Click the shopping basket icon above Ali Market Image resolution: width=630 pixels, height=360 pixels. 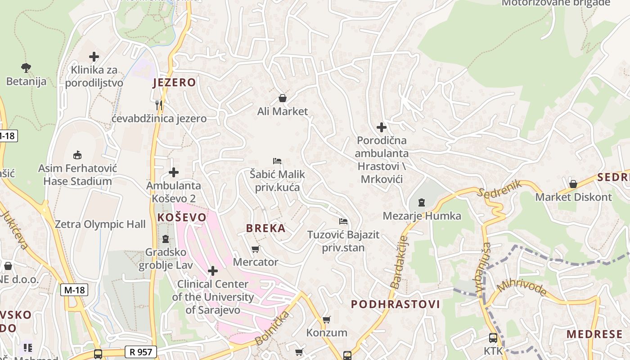pyautogui.click(x=283, y=98)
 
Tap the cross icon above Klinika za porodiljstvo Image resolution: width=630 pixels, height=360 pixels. pyautogui.click(x=94, y=57)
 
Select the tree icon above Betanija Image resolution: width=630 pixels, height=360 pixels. pyautogui.click(x=26, y=68)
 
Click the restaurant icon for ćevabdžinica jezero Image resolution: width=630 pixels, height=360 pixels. pyautogui.click(x=159, y=105)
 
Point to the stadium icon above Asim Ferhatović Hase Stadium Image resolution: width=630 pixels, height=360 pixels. pyautogui.click(x=77, y=155)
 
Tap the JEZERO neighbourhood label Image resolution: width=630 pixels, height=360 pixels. pyautogui.click(x=174, y=82)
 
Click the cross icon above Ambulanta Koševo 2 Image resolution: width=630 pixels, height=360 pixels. pyautogui.click(x=174, y=172)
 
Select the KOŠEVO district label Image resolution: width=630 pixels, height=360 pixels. pyautogui.click(x=182, y=217)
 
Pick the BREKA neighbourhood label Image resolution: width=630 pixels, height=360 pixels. pyautogui.click(x=265, y=228)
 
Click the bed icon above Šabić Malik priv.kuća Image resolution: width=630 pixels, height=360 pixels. pyautogui.click(x=277, y=161)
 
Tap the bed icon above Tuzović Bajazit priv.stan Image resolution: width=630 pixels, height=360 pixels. pyautogui.click(x=343, y=221)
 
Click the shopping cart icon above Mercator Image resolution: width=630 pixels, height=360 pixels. pyautogui.click(x=256, y=249)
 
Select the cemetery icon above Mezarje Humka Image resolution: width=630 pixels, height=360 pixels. pyautogui.click(x=422, y=202)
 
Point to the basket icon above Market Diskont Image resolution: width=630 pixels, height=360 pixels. pyautogui.click(x=573, y=184)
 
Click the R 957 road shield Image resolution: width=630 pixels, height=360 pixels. pyautogui.click(x=141, y=352)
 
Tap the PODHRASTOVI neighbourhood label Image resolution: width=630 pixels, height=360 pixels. pyautogui.click(x=395, y=304)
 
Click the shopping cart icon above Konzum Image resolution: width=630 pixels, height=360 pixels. pyautogui.click(x=327, y=319)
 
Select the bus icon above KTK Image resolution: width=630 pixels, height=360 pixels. pyautogui.click(x=493, y=337)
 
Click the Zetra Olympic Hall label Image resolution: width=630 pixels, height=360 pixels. pyautogui.click(x=100, y=224)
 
